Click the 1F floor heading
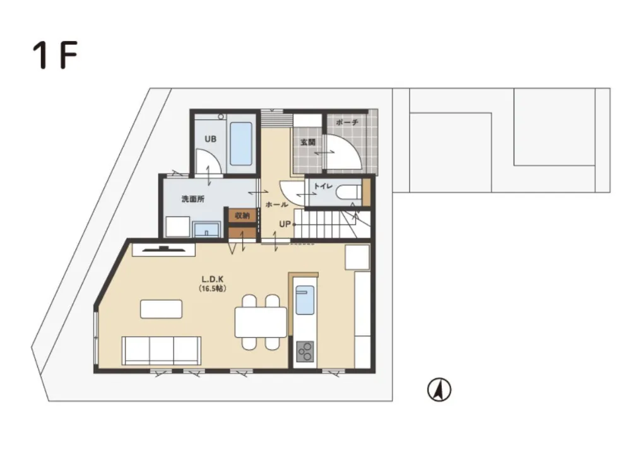(55, 56)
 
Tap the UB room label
(209, 139)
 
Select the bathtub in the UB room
(240, 143)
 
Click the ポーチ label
(347, 122)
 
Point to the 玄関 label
(307, 143)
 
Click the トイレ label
(323, 186)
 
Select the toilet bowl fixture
(348, 192)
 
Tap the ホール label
(277, 205)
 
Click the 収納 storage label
(242, 216)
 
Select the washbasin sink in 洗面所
(204, 230)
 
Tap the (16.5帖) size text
(213, 288)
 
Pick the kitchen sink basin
(304, 300)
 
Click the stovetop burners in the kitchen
(305, 351)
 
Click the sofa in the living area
(162, 350)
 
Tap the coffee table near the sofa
(162, 309)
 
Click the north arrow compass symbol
(439, 390)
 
